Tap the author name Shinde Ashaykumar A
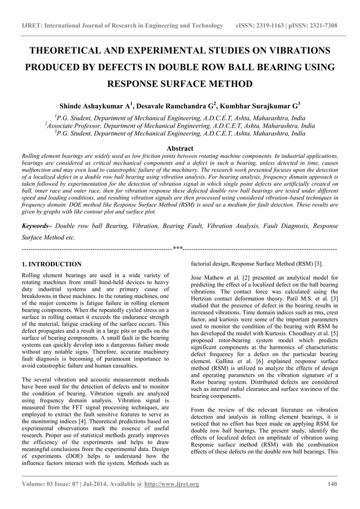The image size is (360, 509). tap(94, 106)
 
